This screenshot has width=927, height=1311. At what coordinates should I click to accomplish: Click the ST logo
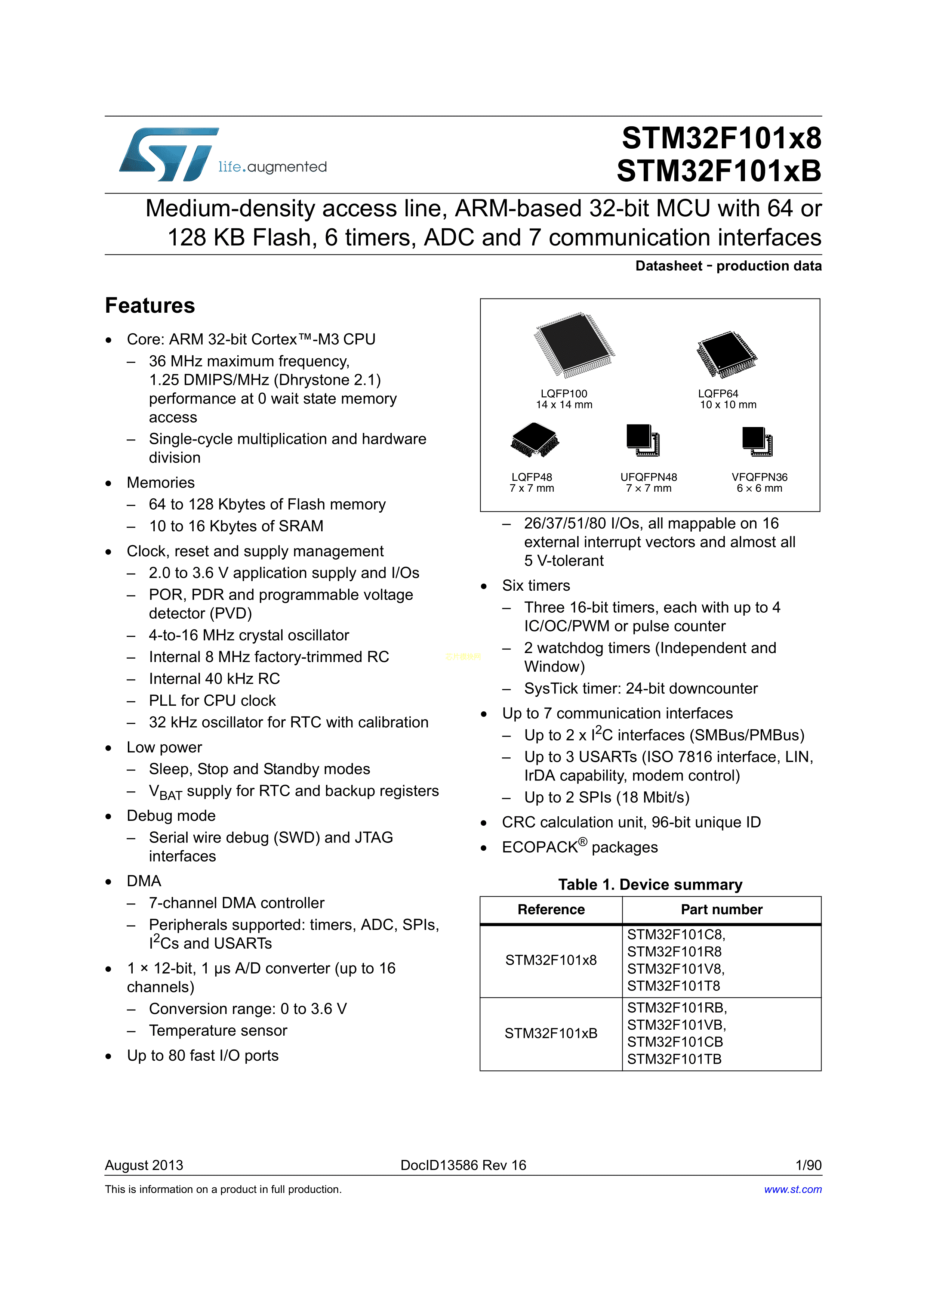pyautogui.click(x=169, y=154)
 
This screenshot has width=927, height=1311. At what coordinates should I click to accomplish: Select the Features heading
pyautogui.click(x=150, y=306)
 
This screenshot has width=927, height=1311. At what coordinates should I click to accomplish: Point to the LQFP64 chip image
pyautogui.click(x=726, y=354)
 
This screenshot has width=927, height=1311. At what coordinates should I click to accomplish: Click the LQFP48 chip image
pyautogui.click(x=534, y=440)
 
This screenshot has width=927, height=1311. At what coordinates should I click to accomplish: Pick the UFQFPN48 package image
pyautogui.click(x=643, y=440)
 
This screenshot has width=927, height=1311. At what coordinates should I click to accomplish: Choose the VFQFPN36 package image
pyautogui.click(x=757, y=441)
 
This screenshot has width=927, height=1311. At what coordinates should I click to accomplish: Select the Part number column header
pyautogui.click(x=721, y=910)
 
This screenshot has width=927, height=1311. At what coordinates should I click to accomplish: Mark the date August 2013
pyautogui.click(x=144, y=1165)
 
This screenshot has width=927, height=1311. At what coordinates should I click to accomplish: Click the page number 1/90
pyautogui.click(x=808, y=1165)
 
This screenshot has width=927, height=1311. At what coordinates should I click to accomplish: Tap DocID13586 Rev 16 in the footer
pyautogui.click(x=463, y=1165)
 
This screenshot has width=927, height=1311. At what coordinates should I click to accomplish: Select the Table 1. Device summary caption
pyautogui.click(x=650, y=884)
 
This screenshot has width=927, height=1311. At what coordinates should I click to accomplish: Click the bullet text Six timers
pyautogui.click(x=536, y=586)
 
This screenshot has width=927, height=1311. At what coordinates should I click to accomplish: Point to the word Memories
pyautogui.click(x=160, y=483)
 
